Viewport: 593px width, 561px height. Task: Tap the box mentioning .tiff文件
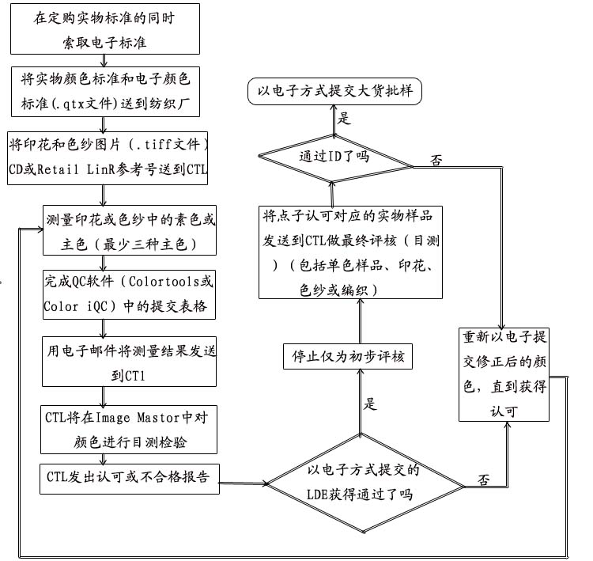tap(107, 158)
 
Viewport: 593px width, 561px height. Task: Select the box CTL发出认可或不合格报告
tap(129, 478)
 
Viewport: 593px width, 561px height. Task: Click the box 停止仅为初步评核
tap(347, 357)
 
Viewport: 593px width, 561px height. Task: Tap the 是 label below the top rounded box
tap(344, 119)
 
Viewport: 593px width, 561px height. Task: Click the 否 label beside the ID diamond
tap(436, 161)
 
